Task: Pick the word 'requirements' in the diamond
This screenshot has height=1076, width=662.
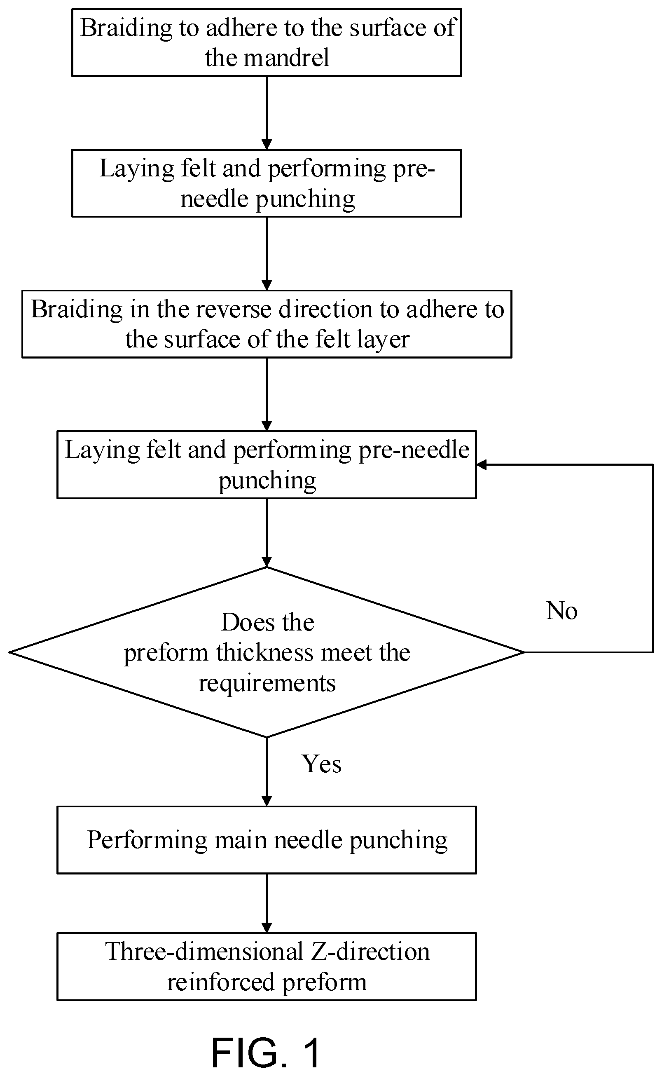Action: [x=267, y=684]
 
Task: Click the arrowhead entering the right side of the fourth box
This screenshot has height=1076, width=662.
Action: [x=482, y=465]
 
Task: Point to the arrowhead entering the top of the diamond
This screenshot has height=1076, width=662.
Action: [x=267, y=562]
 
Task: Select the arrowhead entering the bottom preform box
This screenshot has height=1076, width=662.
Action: [x=267, y=928]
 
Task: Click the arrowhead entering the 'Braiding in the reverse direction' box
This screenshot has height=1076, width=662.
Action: [x=267, y=285]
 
